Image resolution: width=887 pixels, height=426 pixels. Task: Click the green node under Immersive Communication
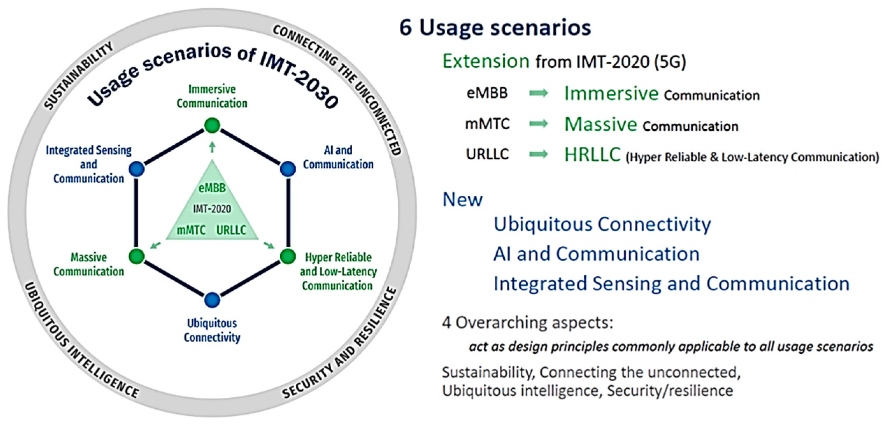[x=212, y=125]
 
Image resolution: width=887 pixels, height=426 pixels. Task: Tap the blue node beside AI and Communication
[x=288, y=169]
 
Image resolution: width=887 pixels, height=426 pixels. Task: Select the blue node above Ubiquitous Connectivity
[x=212, y=300]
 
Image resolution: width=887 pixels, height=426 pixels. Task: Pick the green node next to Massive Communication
[x=136, y=256]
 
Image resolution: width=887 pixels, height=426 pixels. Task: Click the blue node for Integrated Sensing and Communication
[x=136, y=169]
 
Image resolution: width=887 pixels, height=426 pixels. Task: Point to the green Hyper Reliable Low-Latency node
[x=288, y=256]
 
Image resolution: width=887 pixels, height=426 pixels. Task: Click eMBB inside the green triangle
[x=212, y=188]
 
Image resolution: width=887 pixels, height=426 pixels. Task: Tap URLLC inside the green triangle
[x=231, y=230]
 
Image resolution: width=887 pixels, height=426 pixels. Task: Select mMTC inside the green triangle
[x=191, y=230]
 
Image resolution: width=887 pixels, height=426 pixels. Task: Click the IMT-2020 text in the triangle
[x=212, y=209]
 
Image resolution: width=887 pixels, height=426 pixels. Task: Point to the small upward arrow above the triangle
[x=212, y=147]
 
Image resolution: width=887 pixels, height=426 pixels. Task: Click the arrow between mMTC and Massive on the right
[x=539, y=124]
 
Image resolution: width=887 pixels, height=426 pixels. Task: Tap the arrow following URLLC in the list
[x=539, y=154]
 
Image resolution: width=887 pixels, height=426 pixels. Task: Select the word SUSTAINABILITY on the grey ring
[x=79, y=75]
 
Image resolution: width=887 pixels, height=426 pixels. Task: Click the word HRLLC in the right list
[x=593, y=154]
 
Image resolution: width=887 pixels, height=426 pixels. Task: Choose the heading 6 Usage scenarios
[x=495, y=27]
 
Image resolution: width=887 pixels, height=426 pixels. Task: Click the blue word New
[x=462, y=200]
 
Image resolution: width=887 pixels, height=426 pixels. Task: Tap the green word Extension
[x=486, y=61]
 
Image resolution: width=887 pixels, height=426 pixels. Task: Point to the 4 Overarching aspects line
[x=527, y=322]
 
